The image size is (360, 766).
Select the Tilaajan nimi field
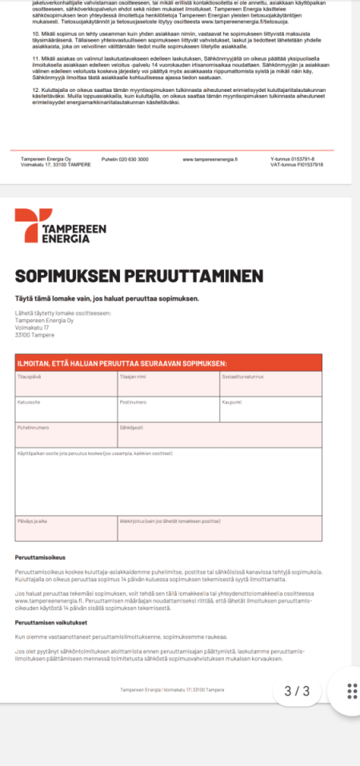click(x=168, y=384)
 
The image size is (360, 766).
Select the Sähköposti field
click(x=219, y=435)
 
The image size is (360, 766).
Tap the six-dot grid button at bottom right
click(x=350, y=691)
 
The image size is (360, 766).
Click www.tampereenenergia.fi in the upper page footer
click(x=210, y=159)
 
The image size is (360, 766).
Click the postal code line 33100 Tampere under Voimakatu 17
click(x=30, y=335)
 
